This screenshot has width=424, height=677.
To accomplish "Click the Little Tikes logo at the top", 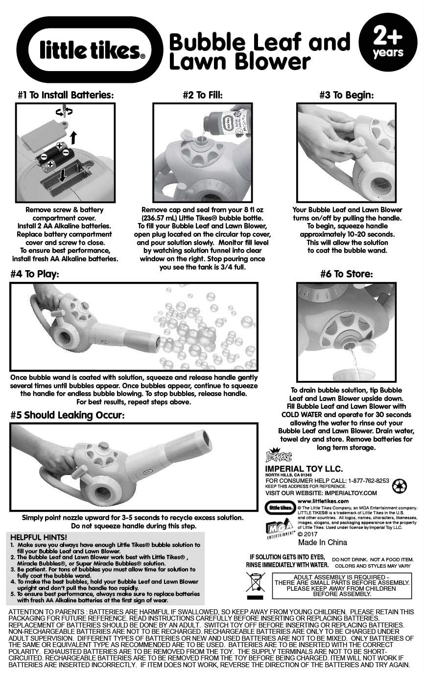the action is pyautogui.click(x=90, y=50).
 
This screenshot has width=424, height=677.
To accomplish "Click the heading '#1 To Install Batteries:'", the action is pyautogui.click(x=66, y=95).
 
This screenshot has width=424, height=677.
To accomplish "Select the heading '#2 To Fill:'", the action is pyautogui.click(x=203, y=95).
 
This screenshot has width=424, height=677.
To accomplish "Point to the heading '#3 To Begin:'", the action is pyautogui.click(x=347, y=95).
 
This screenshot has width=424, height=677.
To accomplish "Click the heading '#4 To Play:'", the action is pyautogui.click(x=35, y=274).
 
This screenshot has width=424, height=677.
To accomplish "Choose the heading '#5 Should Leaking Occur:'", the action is pyautogui.click(x=67, y=415).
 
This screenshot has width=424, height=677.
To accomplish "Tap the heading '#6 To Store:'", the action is pyautogui.click(x=347, y=274).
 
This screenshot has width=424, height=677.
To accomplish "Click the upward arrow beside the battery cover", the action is pyautogui.click(x=73, y=138).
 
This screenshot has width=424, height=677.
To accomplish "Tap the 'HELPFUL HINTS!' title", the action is pyautogui.click(x=39, y=537).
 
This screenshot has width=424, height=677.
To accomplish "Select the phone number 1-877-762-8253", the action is pyautogui.click(x=369, y=480).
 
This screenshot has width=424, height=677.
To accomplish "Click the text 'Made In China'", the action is pyautogui.click(x=323, y=542).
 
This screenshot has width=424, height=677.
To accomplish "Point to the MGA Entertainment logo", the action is pyautogui.click(x=279, y=528).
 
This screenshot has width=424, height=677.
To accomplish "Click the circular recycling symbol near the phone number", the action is pyautogui.click(x=399, y=486).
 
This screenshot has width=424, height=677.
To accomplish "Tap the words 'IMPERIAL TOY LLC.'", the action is pyautogui.click(x=304, y=469).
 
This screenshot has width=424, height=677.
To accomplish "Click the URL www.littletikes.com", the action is pyautogui.click(x=323, y=501).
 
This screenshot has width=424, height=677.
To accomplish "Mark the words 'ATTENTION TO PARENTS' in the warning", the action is pyautogui.click(x=46, y=612).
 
